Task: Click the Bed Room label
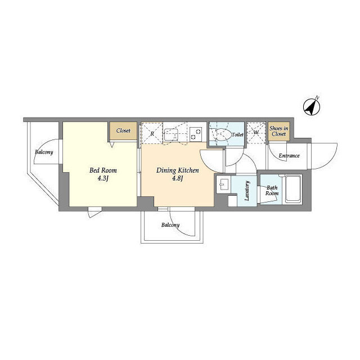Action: (x=103, y=170)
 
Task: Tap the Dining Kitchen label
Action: (x=178, y=170)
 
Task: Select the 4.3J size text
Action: (x=103, y=178)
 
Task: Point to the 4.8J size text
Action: (x=178, y=178)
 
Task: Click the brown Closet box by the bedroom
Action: (x=123, y=130)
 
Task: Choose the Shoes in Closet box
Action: (x=279, y=131)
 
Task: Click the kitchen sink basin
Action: (x=170, y=135)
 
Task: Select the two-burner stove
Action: (x=196, y=134)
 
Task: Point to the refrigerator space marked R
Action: (x=152, y=133)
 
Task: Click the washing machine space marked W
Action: (x=256, y=133)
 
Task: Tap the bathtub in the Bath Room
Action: (x=293, y=189)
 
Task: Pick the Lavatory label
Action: (x=247, y=191)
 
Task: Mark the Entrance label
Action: (x=289, y=156)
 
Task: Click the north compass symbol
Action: (x=312, y=106)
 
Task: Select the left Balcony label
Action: (x=44, y=152)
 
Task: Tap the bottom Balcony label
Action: (x=170, y=225)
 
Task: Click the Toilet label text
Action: (x=237, y=134)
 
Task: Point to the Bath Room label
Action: (x=272, y=191)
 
